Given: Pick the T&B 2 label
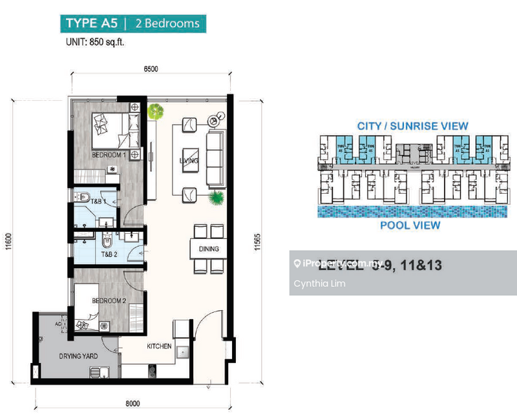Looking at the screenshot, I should [x=109, y=255].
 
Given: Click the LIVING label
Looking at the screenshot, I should [x=189, y=160].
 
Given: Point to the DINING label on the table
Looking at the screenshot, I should [x=209, y=249].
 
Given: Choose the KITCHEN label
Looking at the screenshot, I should [x=159, y=346].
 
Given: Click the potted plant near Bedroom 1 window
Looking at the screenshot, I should [x=155, y=111].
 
